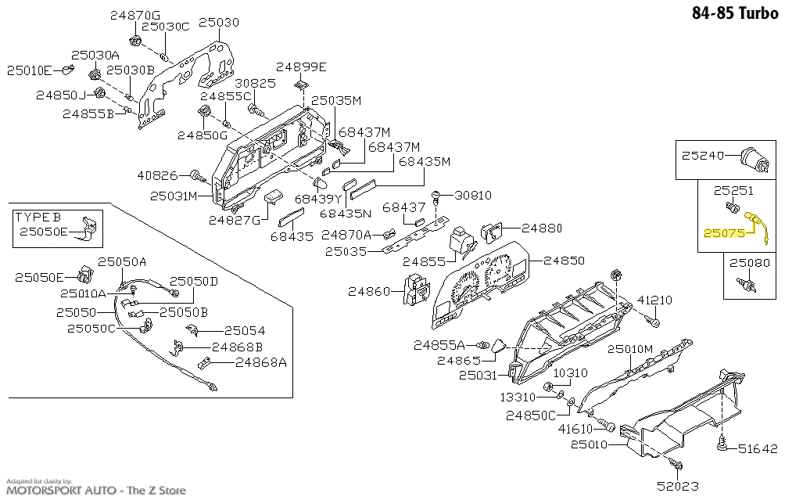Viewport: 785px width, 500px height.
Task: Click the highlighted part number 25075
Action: coord(724,233)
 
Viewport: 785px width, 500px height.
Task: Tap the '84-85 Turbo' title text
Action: coord(735,13)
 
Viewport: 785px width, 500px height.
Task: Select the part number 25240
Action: coord(702,155)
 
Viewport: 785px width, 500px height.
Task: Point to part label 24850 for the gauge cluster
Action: coord(564,261)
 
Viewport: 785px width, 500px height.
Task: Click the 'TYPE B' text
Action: coord(38,217)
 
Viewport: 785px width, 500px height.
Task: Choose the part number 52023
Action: coord(678,485)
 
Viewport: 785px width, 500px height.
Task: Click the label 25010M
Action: coord(630,349)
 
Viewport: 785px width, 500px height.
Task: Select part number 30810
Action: coord(472,195)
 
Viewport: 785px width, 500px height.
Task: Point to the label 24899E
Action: coord(301,67)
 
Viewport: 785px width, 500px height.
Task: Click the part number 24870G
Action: coord(135,16)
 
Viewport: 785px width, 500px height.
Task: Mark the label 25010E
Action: coord(29,70)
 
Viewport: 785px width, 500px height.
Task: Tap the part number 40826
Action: coord(157,175)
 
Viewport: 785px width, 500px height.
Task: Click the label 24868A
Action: coord(261,362)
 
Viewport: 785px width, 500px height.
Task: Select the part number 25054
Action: coord(244,331)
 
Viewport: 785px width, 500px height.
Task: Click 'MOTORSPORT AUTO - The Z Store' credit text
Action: coord(95,490)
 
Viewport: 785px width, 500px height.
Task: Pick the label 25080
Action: coord(750,263)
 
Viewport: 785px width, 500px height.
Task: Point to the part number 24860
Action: coord(368,291)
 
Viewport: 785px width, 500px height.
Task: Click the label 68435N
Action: coord(346,213)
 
